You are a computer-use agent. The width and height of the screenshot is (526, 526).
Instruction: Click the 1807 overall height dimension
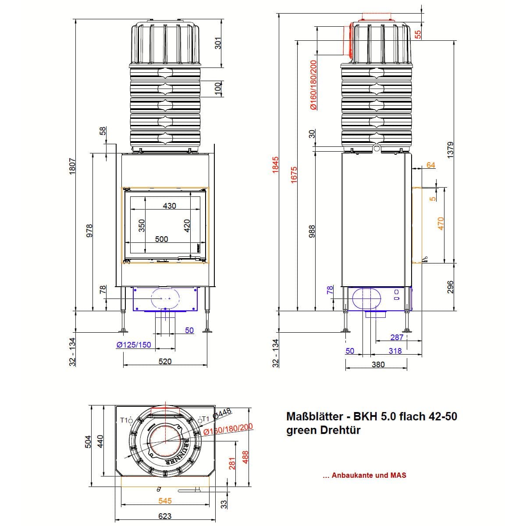pyautogui.click(x=73, y=167)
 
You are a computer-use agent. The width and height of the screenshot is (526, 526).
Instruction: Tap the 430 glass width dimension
pyautogui.click(x=169, y=206)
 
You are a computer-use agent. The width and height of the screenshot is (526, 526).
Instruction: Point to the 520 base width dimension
pyautogui.click(x=165, y=362)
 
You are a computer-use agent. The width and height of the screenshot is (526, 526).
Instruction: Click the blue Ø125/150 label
pyautogui.click(x=134, y=345)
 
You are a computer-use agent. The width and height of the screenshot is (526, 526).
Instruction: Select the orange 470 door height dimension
pyautogui.click(x=441, y=223)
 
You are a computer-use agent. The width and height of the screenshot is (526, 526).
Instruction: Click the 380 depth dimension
pyautogui.click(x=378, y=364)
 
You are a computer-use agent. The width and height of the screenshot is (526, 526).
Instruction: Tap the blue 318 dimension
pyautogui.click(x=395, y=351)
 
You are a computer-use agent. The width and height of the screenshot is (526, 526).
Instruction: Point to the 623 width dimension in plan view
pyautogui.click(x=165, y=516)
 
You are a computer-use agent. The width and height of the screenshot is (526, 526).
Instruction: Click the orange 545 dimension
pyautogui.click(x=165, y=501)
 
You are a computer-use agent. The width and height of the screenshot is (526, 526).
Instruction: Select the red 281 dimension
pyautogui.click(x=232, y=463)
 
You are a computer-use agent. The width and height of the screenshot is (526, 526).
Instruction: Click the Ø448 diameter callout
pyautogui.click(x=222, y=413)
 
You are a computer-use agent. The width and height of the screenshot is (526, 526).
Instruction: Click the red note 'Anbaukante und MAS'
pyautogui.click(x=369, y=475)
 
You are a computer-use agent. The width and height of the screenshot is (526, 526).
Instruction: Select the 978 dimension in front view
pyautogui.click(x=89, y=231)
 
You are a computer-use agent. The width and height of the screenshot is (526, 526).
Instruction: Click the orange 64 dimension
pyautogui.click(x=431, y=165)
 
